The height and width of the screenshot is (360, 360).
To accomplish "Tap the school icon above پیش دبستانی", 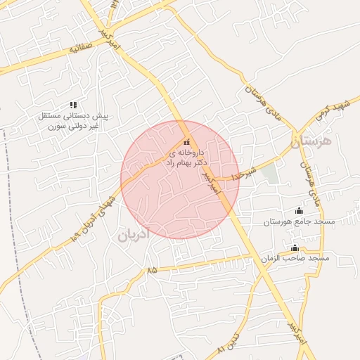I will tap(73, 104).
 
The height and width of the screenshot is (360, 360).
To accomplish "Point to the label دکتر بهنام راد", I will tap(185, 162).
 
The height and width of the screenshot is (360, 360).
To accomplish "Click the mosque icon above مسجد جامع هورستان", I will tap(299, 210).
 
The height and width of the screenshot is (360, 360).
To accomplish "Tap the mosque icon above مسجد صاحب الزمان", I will tap(295, 247).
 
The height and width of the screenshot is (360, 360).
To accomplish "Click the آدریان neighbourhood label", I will tap(133, 235).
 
